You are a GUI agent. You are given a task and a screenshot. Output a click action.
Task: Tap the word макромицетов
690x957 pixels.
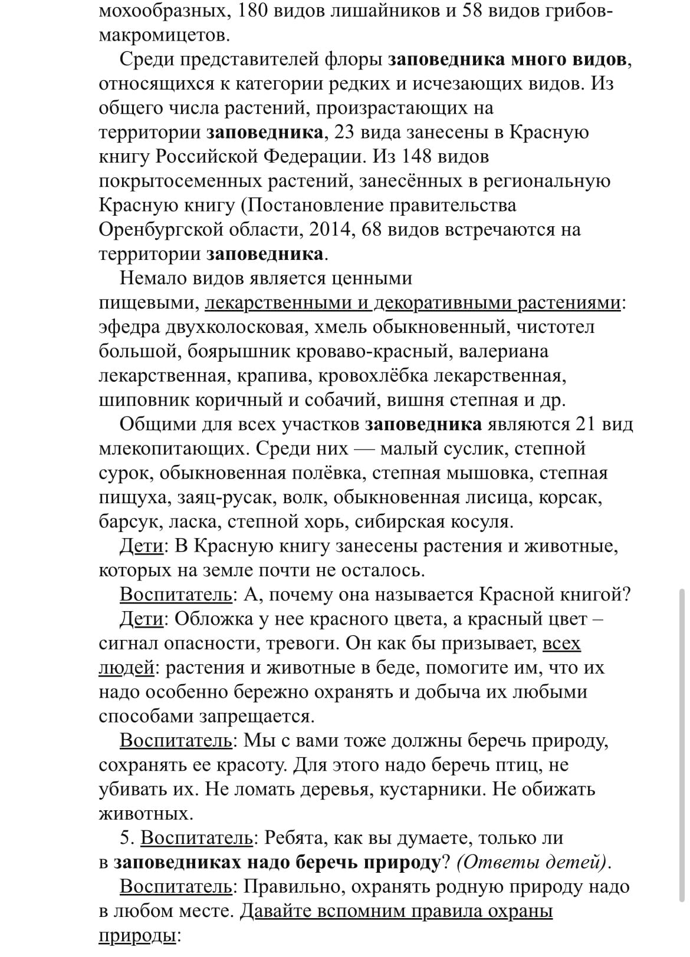pyautogui.click(x=163, y=35)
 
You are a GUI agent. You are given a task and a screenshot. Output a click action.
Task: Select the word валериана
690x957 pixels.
pyautogui.click(x=503, y=351)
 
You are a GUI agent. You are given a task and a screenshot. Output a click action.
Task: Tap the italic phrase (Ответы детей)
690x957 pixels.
pyautogui.click(x=531, y=862)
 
